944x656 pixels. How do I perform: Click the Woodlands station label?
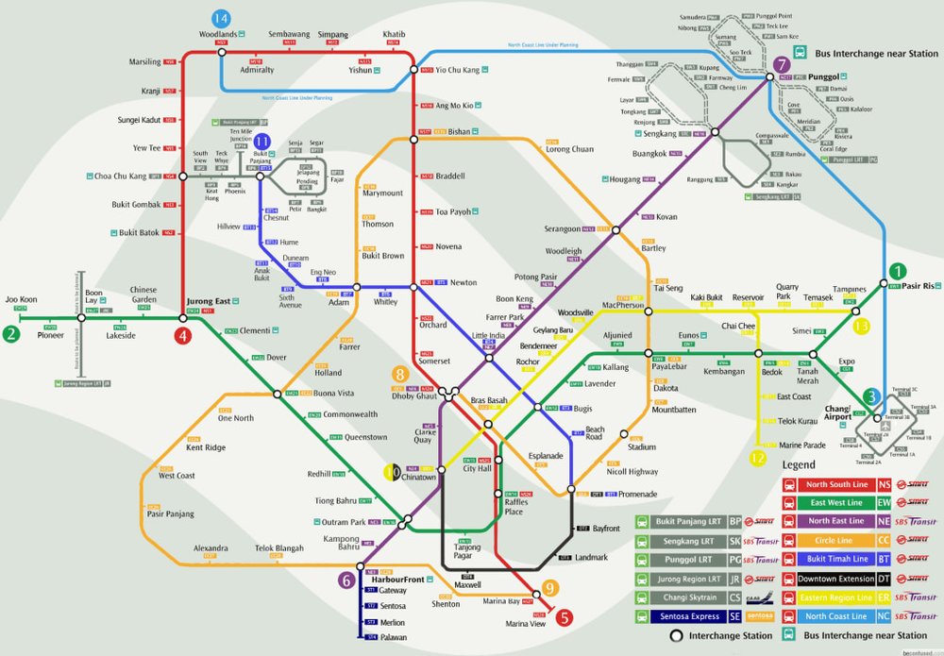217,35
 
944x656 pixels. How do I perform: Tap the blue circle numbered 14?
221,19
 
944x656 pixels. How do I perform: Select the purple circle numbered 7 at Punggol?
781,65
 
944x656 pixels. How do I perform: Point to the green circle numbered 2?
10,334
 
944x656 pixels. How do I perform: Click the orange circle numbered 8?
400,373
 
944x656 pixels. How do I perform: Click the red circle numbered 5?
564,619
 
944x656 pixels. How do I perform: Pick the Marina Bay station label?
501,601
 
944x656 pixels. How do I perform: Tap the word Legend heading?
799,465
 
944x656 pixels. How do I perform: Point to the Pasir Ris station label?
918,285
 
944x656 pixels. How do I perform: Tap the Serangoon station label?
561,229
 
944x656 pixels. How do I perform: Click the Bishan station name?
459,132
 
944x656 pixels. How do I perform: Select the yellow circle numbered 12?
758,459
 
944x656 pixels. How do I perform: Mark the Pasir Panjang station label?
170,514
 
